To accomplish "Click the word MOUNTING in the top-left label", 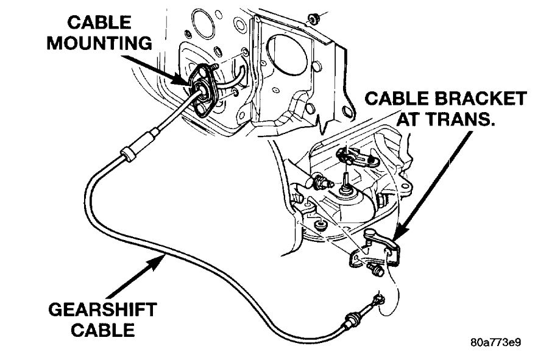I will (99, 43).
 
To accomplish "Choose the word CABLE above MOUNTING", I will (99, 23).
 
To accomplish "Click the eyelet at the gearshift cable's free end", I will (378, 298).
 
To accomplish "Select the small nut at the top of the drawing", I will (313, 17).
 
